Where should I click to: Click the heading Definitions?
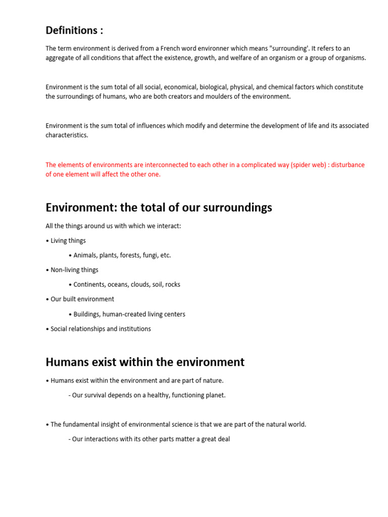pos(74,30)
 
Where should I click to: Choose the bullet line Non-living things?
pos(74,270)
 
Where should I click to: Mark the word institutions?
pos(133,329)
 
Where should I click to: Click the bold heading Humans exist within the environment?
pos(145,362)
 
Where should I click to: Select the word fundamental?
pos(81,425)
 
